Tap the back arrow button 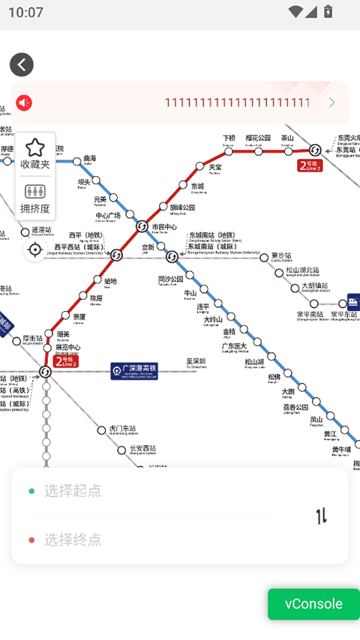(22, 65)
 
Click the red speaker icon (24, 103)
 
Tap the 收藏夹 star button (35, 153)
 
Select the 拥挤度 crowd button (35, 199)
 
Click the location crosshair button (35, 250)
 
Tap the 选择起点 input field (150, 491)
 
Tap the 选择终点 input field (150, 540)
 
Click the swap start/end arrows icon (322, 516)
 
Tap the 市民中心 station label (164, 227)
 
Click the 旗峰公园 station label (182, 208)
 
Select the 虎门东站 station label (124, 429)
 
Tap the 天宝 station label (215, 167)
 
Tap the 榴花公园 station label (258, 139)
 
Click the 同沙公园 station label (170, 279)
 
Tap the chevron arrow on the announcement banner (332, 103)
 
